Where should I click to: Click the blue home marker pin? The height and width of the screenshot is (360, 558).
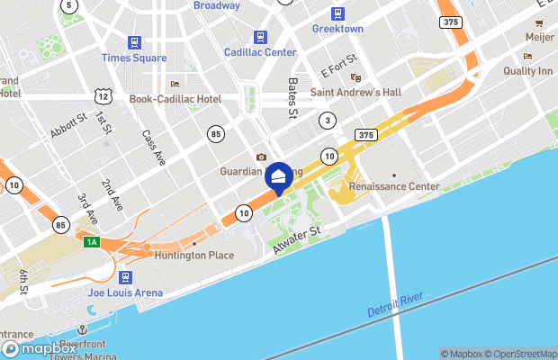[279, 176]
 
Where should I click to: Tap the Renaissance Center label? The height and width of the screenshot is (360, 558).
[394, 186]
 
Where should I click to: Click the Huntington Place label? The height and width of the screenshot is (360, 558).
[194, 255]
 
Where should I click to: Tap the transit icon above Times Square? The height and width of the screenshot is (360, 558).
[134, 41]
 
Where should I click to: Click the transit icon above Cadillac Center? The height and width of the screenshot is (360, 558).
[260, 37]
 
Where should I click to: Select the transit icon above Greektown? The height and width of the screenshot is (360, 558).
[337, 13]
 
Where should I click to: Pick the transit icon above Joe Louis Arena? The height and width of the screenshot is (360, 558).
[126, 277]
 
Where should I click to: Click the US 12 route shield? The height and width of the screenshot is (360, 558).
[104, 95]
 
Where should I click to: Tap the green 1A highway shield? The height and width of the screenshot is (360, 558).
[91, 242]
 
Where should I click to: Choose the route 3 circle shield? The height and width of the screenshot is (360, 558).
[328, 120]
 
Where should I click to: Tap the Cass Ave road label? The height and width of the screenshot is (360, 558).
[153, 147]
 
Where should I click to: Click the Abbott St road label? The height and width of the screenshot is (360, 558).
[67, 123]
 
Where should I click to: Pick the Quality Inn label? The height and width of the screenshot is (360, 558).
[529, 70]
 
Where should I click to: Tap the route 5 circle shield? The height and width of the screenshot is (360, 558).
[69, 5]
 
